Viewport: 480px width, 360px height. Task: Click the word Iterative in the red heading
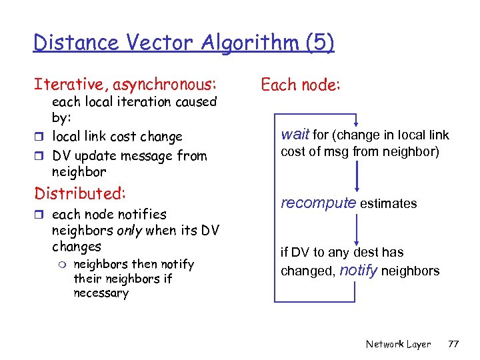tap(71, 85)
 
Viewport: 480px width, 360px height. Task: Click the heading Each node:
tap(301, 85)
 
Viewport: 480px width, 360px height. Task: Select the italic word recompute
tap(318, 203)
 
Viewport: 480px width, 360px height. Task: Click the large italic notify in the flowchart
tap(359, 270)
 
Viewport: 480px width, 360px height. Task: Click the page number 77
tap(453, 344)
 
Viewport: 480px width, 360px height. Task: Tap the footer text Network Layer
tap(398, 344)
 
